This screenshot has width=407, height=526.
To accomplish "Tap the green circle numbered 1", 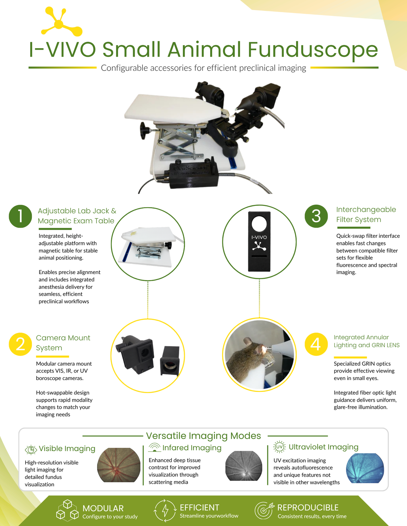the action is pyautogui.click(x=20, y=216).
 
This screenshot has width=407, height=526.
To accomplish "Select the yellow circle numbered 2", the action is pyautogui.click(x=20, y=344).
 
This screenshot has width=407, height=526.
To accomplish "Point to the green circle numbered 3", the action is pyautogui.click(x=316, y=216).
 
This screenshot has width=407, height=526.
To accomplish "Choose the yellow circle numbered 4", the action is pyautogui.click(x=316, y=344).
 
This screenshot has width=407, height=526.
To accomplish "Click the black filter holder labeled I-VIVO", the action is pyautogui.click(x=259, y=241).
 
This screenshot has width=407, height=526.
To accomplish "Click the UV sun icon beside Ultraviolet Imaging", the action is pyautogui.click(x=279, y=447).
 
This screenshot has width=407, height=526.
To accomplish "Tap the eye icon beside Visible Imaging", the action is pyautogui.click(x=31, y=450).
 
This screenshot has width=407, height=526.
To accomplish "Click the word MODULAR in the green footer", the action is pyautogui.click(x=103, y=508).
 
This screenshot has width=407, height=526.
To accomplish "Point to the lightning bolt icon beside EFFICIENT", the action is pyautogui.click(x=165, y=510).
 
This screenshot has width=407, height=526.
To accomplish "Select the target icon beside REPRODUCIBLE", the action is pyautogui.click(x=264, y=510).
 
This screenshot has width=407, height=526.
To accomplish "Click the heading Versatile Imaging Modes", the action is pyautogui.click(x=203, y=436).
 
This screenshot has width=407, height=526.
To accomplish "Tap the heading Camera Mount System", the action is pyautogui.click(x=63, y=343).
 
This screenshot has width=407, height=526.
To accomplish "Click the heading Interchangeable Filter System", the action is pyautogui.click(x=366, y=214).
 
